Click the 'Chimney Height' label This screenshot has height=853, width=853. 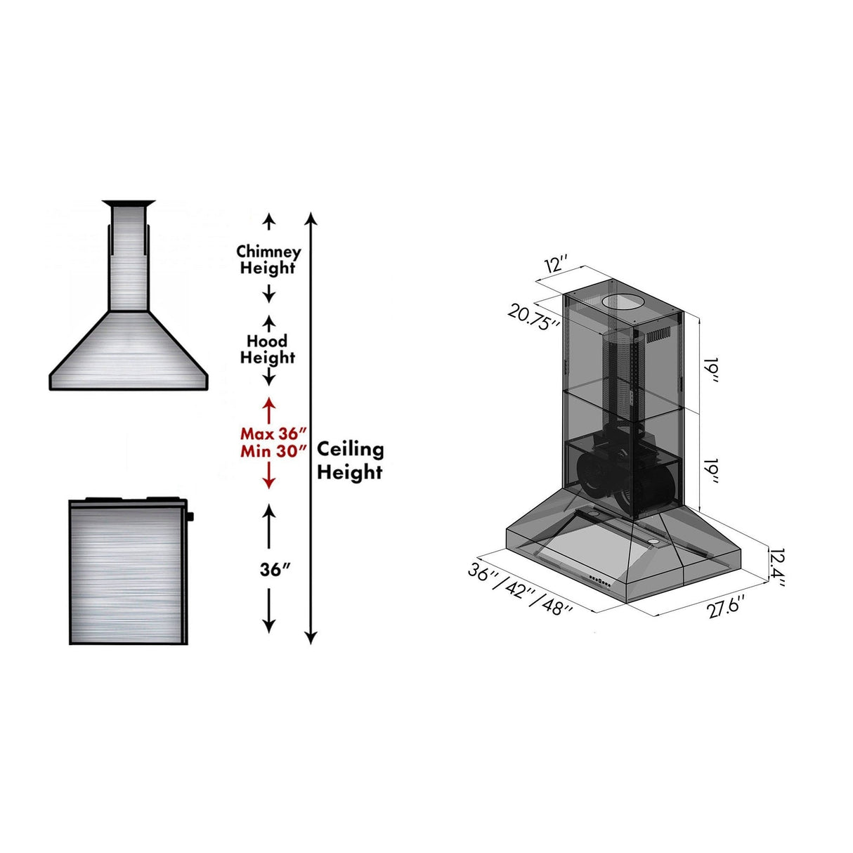point(268,260)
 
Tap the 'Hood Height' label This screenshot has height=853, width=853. point(268,349)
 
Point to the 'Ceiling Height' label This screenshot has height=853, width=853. point(350,460)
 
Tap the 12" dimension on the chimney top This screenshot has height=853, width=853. point(555,266)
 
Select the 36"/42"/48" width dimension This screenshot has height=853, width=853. point(519,590)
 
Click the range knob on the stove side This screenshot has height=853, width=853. point(190,517)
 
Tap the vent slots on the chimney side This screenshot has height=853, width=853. point(661,334)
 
